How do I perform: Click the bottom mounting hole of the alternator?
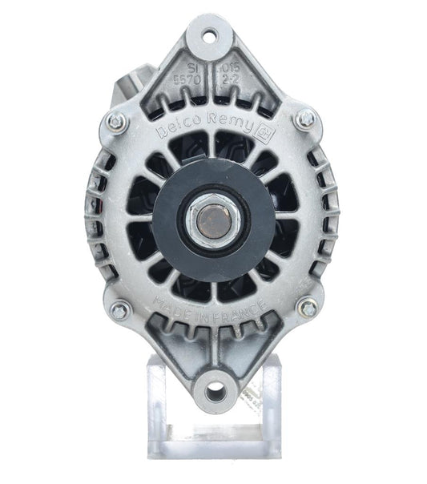[x=215, y=393]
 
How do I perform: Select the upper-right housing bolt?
[x=305, y=119]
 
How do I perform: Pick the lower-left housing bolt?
[x=119, y=310]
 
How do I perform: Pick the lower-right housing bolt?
[x=308, y=306]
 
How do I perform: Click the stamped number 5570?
[x=187, y=81]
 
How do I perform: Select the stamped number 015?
[x=233, y=69]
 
